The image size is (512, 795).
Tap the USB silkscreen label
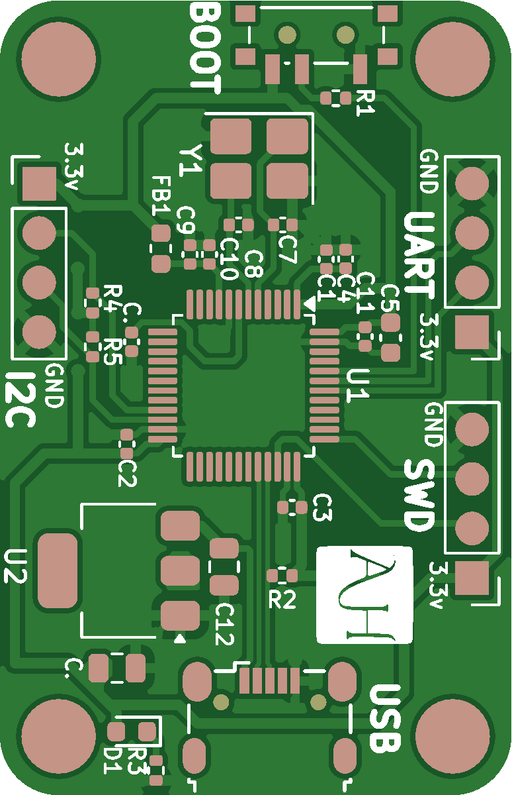[385, 719]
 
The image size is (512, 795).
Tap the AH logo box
[364, 594]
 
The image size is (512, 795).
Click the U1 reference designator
[358, 386]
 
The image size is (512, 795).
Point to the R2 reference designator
[282, 600]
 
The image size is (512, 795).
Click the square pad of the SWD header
[472, 578]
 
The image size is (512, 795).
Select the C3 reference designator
[321, 507]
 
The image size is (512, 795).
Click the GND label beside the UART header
[429, 171]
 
